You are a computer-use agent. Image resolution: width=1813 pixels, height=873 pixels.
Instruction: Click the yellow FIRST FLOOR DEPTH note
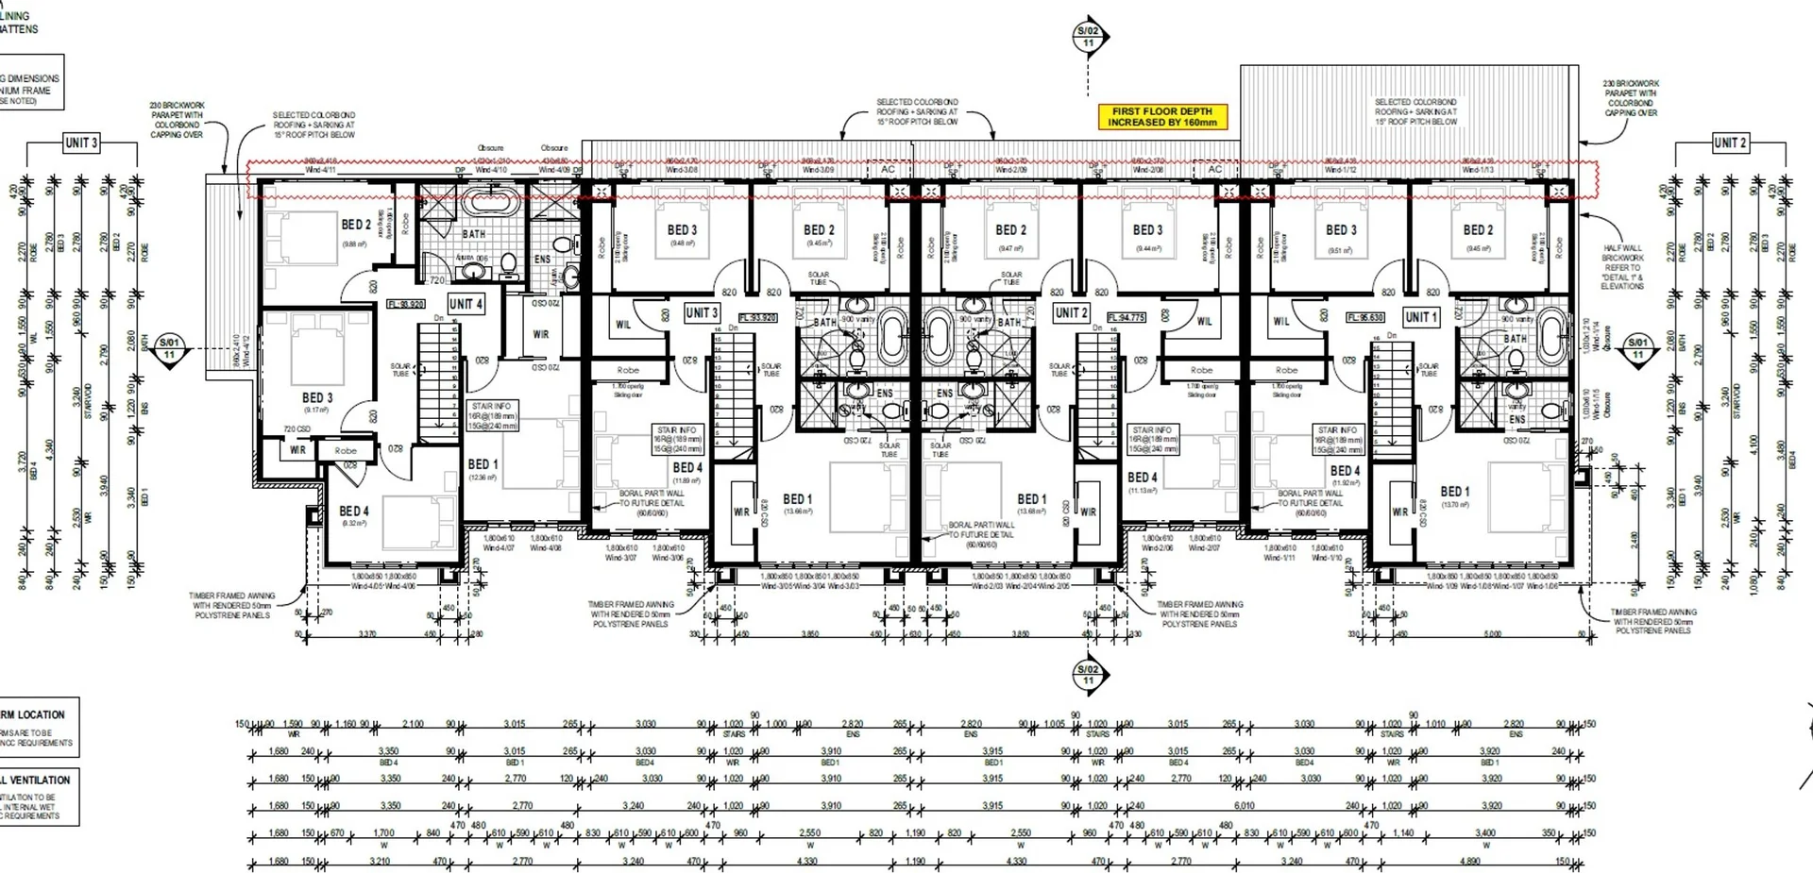pos(1161,117)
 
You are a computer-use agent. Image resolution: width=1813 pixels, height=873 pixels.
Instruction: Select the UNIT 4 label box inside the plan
pos(466,304)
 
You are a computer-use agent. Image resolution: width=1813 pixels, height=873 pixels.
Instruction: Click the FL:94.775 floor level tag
pos(1126,318)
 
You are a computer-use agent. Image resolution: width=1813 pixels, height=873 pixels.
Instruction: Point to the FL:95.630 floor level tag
pos(1365,318)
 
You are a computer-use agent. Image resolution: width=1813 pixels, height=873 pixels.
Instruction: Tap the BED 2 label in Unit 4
pos(356,226)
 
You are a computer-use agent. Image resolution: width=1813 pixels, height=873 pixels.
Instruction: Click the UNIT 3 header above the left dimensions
pos(80,143)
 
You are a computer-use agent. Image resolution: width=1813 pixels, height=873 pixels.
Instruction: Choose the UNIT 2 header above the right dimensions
pos(1730,143)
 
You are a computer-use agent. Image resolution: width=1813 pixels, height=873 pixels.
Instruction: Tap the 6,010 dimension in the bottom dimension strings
pos(1245,806)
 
